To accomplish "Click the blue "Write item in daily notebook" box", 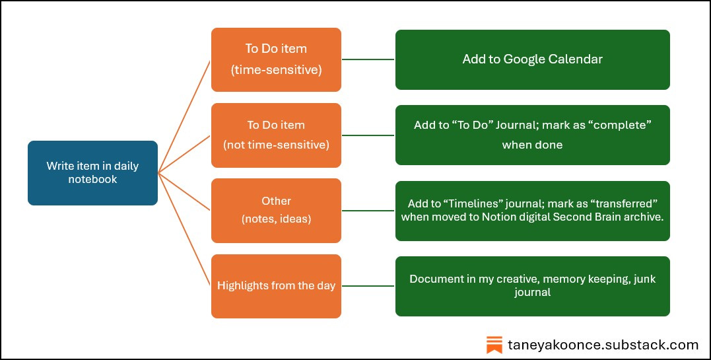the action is click(x=92, y=172).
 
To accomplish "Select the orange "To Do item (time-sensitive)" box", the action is click(x=276, y=59).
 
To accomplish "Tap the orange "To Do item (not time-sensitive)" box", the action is click(x=276, y=135).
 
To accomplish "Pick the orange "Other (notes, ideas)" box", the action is click(x=276, y=210).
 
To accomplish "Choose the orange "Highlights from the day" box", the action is click(x=276, y=286).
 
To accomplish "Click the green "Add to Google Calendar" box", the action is click(x=532, y=59).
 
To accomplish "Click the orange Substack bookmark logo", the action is click(x=494, y=344).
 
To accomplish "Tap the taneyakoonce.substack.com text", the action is click(x=603, y=344).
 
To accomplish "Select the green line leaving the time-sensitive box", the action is click(x=368, y=59).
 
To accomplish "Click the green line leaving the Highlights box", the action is click(x=368, y=286).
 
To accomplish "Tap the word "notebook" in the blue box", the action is click(x=92, y=179).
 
